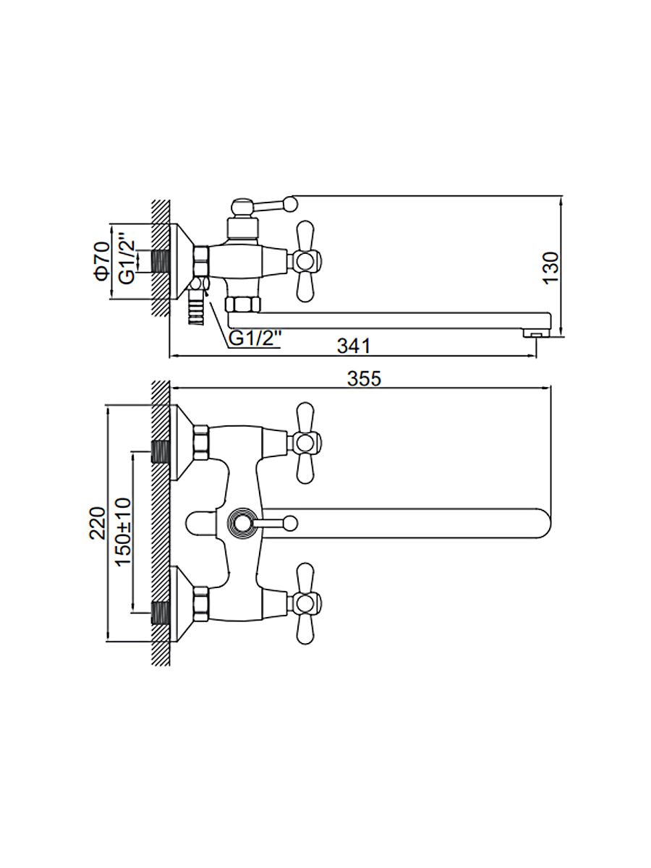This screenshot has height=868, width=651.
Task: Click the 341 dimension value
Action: click(x=354, y=346)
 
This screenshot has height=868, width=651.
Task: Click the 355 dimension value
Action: click(x=364, y=378)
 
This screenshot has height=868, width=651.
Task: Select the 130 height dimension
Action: click(x=551, y=268)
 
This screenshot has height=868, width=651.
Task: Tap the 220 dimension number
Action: click(x=98, y=522)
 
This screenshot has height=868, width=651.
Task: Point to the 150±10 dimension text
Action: click(x=122, y=532)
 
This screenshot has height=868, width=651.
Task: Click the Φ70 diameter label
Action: click(x=101, y=260)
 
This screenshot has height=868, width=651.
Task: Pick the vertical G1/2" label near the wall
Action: click(x=127, y=260)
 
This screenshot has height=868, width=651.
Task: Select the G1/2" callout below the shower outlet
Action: click(x=254, y=338)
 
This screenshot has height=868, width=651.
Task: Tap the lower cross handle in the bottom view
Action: click(x=304, y=603)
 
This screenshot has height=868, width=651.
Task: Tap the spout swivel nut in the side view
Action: click(x=241, y=303)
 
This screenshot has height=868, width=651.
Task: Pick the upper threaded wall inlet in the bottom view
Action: click(x=161, y=451)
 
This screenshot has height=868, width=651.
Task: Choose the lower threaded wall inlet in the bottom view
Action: click(x=161, y=611)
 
